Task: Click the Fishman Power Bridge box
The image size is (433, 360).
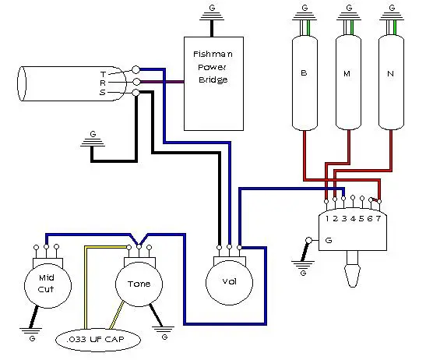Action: click(213, 83)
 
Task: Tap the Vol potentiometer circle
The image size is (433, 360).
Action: click(229, 282)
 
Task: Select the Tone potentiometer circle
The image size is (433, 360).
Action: click(139, 284)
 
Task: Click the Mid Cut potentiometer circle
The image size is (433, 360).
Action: click(48, 285)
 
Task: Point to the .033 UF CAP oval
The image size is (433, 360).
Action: click(98, 340)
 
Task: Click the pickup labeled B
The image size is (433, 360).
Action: click(305, 83)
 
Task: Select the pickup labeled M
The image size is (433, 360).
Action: click(348, 83)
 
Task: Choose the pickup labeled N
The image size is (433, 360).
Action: click(391, 83)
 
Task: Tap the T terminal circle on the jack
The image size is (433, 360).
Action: click(136, 69)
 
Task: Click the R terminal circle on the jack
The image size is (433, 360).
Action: click(136, 82)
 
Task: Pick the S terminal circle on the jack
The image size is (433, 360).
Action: click(136, 93)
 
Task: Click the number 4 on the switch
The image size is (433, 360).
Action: click(353, 219)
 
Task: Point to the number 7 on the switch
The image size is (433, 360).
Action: click(378, 218)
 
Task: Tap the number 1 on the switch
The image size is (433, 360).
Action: click(327, 219)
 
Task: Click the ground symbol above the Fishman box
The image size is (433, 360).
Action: click(212, 16)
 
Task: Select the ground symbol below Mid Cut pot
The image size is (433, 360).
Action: click(31, 331)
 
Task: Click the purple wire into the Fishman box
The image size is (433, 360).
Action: click(162, 82)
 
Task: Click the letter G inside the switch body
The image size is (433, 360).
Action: click(329, 240)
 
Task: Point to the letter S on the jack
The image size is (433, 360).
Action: click(103, 93)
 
